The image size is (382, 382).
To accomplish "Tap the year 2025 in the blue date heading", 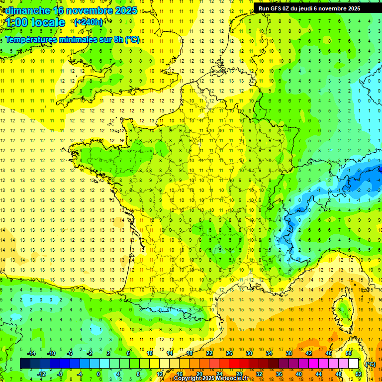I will [x=122, y=10].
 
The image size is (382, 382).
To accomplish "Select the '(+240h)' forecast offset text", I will [x=89, y=22].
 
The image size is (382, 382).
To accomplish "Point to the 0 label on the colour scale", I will [x=98, y=374].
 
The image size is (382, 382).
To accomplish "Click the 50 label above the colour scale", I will [x=349, y=353].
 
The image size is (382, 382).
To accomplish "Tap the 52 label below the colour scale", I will [x=358, y=374].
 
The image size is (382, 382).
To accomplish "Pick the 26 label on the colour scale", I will [x=229, y=353].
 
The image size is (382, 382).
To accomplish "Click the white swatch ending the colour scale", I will [x=353, y=364].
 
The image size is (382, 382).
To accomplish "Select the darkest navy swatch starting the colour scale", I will [x=25, y=364].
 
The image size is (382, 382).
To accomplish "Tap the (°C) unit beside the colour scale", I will [x=370, y=364].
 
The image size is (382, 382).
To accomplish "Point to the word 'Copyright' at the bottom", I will [x=189, y=379].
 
